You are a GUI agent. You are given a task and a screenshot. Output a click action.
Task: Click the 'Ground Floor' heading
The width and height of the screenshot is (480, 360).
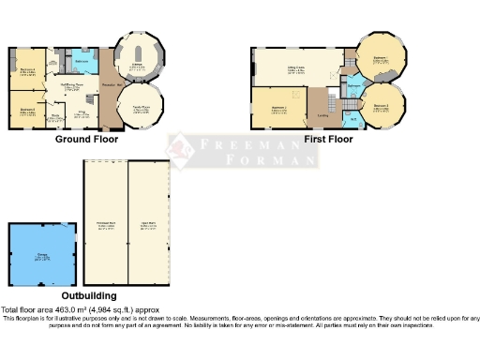(85, 140)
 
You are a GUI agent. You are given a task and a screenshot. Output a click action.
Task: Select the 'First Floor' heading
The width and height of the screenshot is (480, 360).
(328, 140)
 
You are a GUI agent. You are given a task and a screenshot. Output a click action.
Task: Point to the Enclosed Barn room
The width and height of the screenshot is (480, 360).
(106, 225)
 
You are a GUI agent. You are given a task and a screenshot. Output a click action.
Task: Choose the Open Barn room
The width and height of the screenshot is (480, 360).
(148, 225)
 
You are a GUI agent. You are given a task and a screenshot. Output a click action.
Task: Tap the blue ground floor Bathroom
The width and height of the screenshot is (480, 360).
(82, 60)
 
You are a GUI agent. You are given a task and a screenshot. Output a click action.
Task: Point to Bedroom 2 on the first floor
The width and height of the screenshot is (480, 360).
(278, 109)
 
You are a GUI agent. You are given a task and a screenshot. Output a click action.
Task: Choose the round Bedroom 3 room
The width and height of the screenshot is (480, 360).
(382, 106)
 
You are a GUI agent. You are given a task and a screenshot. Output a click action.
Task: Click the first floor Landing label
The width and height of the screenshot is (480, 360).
(323, 116)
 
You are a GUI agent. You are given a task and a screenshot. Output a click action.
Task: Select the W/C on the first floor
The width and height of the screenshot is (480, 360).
(353, 118)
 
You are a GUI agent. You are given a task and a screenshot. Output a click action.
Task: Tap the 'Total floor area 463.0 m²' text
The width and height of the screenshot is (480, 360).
(80, 309)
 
